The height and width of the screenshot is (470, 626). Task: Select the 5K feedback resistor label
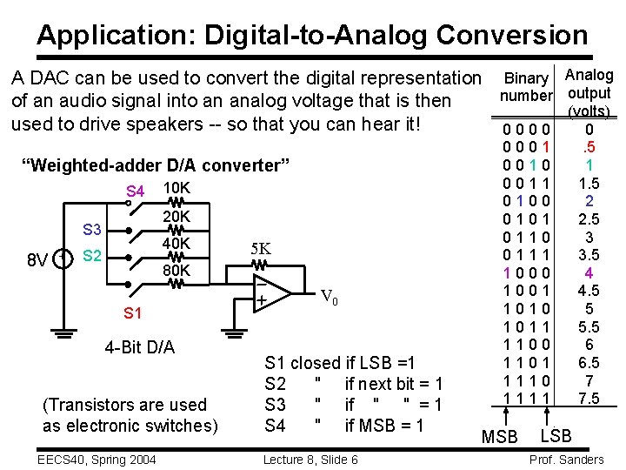[x=261, y=248]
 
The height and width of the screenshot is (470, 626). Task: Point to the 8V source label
[x=37, y=259]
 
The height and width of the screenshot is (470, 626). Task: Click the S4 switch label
[x=135, y=191]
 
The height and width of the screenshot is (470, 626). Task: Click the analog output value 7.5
[x=589, y=398]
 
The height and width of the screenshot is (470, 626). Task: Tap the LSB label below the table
[x=556, y=433]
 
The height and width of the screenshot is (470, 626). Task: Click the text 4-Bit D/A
[x=139, y=348]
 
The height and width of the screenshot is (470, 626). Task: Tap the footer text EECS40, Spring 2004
[x=96, y=459]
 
